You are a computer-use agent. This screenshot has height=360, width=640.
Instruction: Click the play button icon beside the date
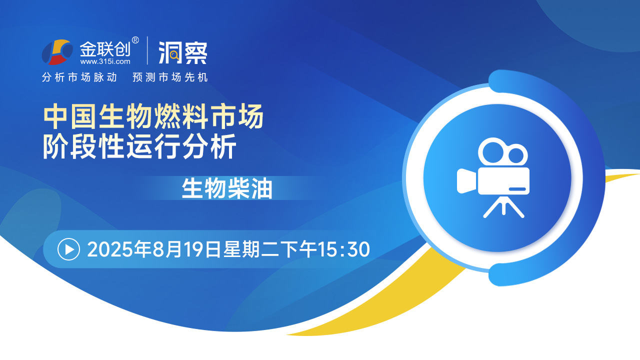(68, 249)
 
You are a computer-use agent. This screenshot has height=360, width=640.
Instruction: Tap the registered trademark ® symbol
(135, 40)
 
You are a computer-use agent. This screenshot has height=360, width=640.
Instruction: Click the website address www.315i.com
(105, 61)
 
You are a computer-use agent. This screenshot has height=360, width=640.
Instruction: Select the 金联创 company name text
(105, 49)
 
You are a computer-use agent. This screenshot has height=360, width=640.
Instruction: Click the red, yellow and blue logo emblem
(57, 52)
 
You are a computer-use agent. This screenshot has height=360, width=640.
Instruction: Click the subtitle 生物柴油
(227, 188)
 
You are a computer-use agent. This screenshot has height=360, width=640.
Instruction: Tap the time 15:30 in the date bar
(344, 249)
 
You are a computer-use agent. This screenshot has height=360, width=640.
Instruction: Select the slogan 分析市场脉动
(79, 77)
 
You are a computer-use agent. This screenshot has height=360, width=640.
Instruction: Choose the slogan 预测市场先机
(170, 77)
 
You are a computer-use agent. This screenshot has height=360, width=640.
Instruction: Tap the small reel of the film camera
(516, 155)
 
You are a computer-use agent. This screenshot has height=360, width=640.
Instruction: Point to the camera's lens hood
(466, 181)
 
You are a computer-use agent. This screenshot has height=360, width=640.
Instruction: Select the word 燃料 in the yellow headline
(180, 116)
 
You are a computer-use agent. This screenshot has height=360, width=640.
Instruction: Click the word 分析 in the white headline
(209, 146)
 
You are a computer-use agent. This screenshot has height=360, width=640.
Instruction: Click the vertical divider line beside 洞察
(147, 50)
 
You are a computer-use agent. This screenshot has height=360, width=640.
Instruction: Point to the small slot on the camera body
(517, 189)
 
